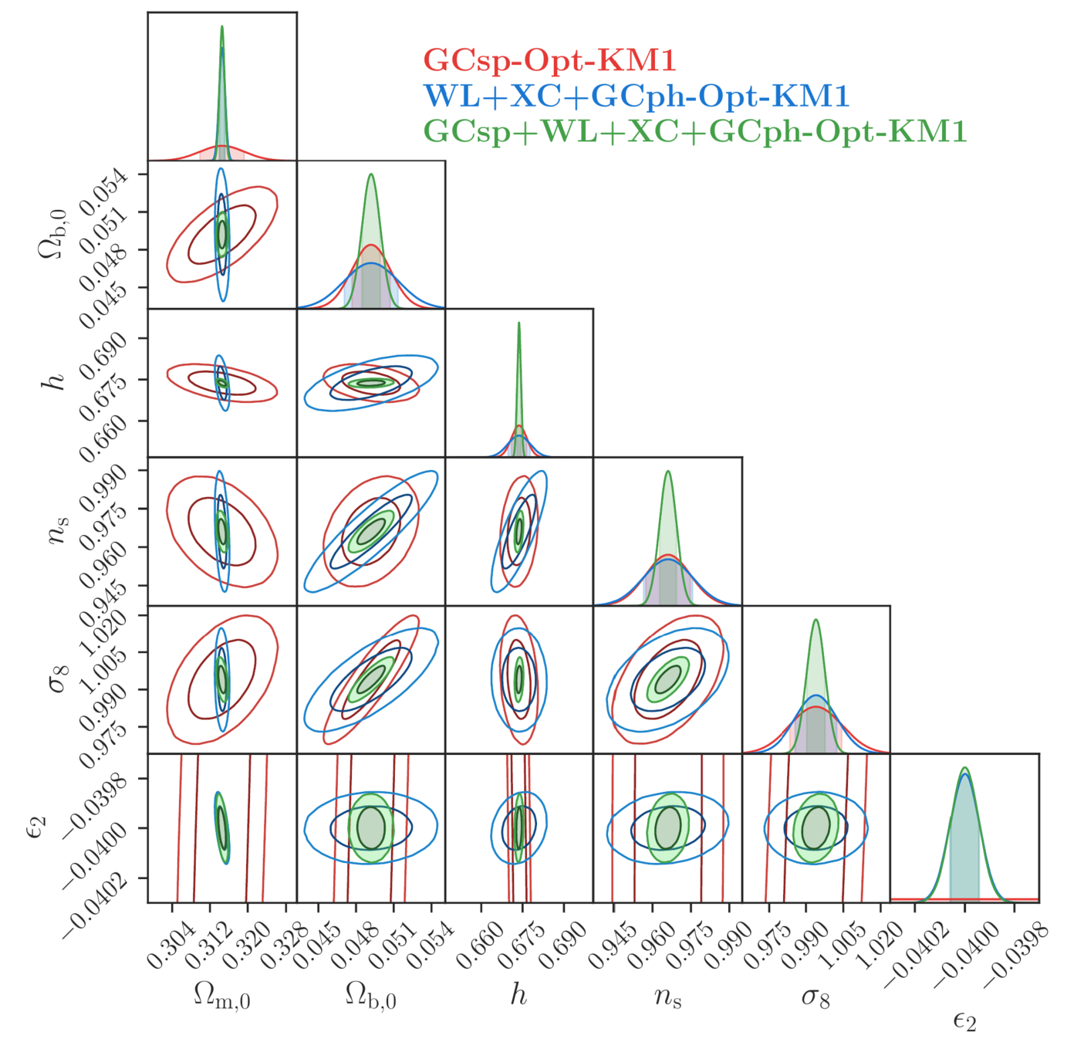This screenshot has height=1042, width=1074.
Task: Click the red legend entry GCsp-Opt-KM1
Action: [x=549, y=60]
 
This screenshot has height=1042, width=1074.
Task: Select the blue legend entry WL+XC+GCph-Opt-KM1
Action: [x=637, y=96]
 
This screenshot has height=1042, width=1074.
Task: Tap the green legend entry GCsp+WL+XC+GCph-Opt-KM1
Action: [x=694, y=132]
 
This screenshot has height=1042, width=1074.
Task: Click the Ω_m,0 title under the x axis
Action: [x=222, y=998]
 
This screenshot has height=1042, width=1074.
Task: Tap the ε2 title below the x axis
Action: [x=964, y=1022]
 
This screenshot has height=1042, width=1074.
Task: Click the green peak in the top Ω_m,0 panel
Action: [x=222, y=27]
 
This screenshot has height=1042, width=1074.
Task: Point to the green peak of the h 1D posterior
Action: [x=518, y=323]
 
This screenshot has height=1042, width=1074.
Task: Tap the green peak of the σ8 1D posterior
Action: [x=816, y=621]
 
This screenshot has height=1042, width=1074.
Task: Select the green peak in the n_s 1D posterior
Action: [x=667, y=472]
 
